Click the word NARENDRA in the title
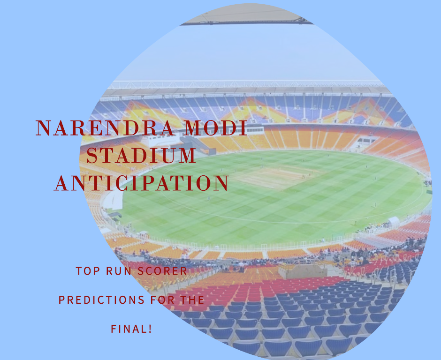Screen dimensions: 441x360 coord(105,128)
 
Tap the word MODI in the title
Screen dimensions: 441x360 coord(215,128)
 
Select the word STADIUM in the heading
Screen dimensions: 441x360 coord(141,155)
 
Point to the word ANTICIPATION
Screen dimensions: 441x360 coord(141,183)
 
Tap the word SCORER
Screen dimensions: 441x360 coord(162,271)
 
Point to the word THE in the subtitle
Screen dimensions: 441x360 coord(192,300)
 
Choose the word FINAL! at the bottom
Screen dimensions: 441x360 coord(131,329)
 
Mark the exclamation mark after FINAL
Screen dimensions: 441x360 coord(150,329)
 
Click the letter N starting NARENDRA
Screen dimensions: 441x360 coord(43,128)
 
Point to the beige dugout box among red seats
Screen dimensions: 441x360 coord(303,271)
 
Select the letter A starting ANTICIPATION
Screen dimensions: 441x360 coord(61,183)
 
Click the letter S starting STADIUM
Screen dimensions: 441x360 coord(91,155)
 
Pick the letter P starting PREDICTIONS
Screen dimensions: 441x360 coord(61,300)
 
